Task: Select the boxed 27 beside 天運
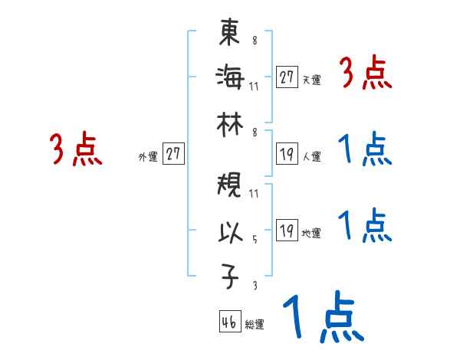pyautogui.click(x=287, y=77)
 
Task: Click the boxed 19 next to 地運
pyautogui.click(x=287, y=231)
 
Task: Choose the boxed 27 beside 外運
pyautogui.click(x=173, y=154)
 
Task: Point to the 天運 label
pyautogui.click(x=311, y=80)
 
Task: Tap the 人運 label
pyautogui.click(x=311, y=156)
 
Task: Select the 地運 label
pyautogui.click(x=311, y=233)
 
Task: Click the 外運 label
pyautogui.click(x=148, y=156)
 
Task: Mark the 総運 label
pyautogui.click(x=254, y=324)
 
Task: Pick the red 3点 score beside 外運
pyautogui.click(x=76, y=149)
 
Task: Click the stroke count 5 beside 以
pyautogui.click(x=254, y=238)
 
